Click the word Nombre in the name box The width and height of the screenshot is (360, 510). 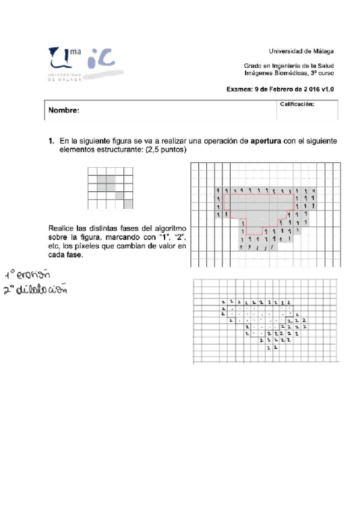pos(64,111)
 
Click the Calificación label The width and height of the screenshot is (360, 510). pos(297,105)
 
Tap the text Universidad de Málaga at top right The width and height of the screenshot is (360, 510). pos(301,51)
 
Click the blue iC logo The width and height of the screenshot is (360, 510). pos(100,59)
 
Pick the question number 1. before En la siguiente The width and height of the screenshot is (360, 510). pos(52,141)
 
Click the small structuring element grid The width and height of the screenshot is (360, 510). pos(110,188)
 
